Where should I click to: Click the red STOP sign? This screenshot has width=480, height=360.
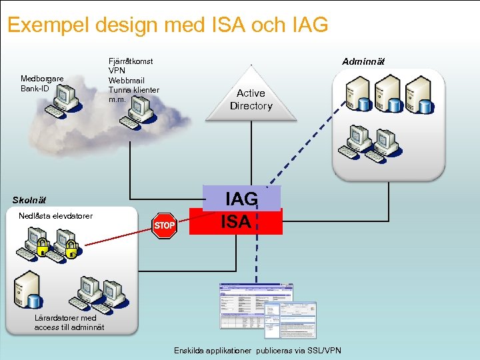[164, 225]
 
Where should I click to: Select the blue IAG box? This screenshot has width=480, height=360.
[241, 199]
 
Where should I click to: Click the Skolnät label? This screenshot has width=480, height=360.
[30, 200]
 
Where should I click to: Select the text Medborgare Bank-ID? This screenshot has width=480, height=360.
[42, 83]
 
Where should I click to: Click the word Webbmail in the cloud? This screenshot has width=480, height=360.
[127, 80]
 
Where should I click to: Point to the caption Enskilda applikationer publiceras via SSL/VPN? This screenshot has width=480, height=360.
[257, 350]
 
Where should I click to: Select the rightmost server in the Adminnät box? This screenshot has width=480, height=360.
[418, 91]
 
